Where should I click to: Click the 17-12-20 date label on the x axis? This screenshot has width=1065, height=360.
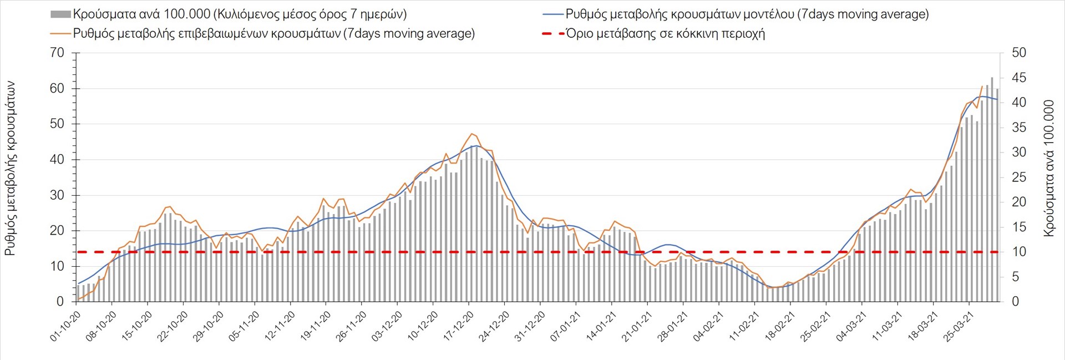click(x=459, y=326)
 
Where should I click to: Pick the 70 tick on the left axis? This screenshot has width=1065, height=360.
click(x=57, y=53)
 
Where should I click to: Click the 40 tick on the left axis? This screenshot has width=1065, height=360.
click(x=57, y=160)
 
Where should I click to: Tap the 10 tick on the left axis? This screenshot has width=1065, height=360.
click(x=57, y=266)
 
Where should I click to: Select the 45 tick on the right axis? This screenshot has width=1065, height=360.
click(x=1019, y=78)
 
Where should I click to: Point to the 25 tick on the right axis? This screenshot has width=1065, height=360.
click(x=1019, y=178)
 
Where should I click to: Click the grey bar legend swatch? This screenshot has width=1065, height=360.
click(x=60, y=14)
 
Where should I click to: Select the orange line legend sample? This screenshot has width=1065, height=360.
click(x=60, y=34)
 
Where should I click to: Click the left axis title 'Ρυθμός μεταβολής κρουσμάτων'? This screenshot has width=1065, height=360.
click(x=10, y=168)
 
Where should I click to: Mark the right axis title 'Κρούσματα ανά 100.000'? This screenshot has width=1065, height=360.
click(x=1049, y=168)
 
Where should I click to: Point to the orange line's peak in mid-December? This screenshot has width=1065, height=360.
click(x=471, y=134)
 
